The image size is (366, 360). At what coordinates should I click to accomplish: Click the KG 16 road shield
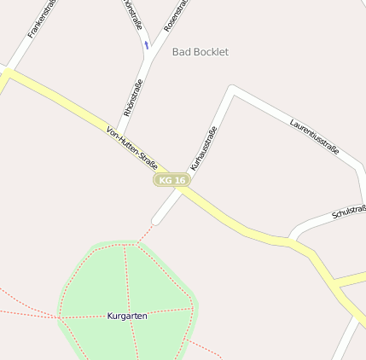pyautogui.click(x=171, y=180)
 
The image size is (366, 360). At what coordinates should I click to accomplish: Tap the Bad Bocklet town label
pyautogui.click(x=200, y=52)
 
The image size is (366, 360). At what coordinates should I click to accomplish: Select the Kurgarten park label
pyautogui.click(x=127, y=316)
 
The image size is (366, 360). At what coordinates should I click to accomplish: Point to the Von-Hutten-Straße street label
pyautogui.click(x=132, y=146)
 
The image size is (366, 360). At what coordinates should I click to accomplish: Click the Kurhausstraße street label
pyautogui.click(x=204, y=148)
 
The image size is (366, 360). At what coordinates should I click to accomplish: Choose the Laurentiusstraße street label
pyautogui.click(x=314, y=136)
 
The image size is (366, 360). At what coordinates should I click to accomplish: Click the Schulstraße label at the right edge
pyautogui.click(x=349, y=211)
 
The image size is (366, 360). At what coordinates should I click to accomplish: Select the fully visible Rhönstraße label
pyautogui.click(x=133, y=97)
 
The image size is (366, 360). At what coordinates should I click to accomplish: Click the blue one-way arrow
pyautogui.click(x=147, y=44)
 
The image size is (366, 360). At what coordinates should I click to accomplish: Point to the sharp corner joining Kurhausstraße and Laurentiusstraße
pyautogui.click(x=232, y=89)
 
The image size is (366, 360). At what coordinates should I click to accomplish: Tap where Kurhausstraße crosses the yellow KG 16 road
pyautogui.click(x=182, y=189)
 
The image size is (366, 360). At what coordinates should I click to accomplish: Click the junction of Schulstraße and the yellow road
pyautogui.click(x=292, y=240)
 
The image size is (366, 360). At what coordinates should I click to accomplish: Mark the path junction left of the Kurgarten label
pyautogui.click(x=61, y=317)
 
